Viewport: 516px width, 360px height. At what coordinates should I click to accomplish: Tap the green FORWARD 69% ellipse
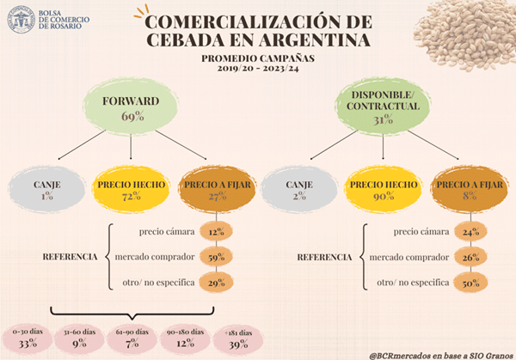pos(131,107)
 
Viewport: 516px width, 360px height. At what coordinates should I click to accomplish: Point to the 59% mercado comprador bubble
pos(216,256)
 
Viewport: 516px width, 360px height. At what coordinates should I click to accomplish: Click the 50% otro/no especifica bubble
pos(468,282)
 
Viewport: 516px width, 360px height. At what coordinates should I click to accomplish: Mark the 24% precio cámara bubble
pos(468,230)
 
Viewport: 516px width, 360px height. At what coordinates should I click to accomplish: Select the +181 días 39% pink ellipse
pos(234,338)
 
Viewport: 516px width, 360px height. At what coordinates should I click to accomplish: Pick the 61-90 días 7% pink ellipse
pos(130,338)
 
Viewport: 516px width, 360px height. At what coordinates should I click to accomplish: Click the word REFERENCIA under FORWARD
pos(74,257)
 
